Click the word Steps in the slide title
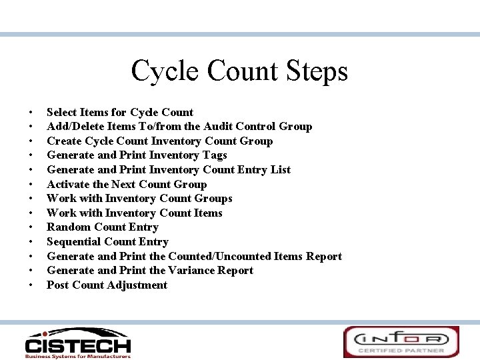point(316,71)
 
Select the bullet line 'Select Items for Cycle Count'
point(120,112)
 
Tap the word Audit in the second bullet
point(219,127)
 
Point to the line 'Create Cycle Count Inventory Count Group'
point(159,141)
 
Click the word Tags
point(211,155)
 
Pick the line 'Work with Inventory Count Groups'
point(139,199)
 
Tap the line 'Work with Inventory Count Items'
point(134,213)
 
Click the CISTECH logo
point(77,341)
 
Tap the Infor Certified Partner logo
point(401,341)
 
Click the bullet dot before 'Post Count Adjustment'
point(31,285)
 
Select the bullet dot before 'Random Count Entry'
point(31,227)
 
